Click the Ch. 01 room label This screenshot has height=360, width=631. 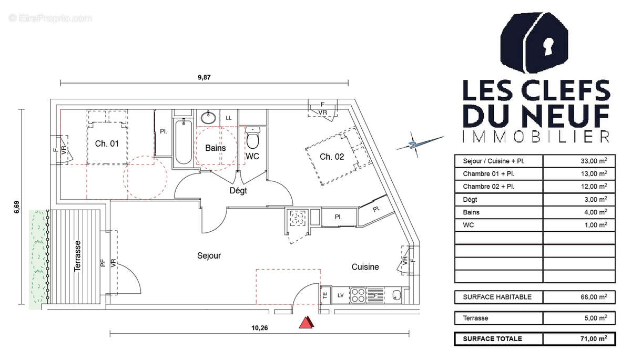(107, 143)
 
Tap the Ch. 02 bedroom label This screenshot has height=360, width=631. (332, 157)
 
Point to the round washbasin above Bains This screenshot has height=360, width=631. (208, 118)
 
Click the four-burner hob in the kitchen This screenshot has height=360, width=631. (358, 295)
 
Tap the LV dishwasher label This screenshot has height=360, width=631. (341, 295)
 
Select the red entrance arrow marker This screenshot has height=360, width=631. (306, 322)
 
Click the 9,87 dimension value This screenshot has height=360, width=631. (204, 77)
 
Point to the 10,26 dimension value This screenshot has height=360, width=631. (259, 327)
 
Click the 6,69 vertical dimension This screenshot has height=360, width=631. (17, 207)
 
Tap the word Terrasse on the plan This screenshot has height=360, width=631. (77, 256)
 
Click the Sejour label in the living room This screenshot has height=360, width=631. (209, 255)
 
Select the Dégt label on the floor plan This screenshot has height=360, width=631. (238, 191)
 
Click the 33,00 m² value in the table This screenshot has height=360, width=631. (594, 161)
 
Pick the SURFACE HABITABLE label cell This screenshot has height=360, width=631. (497, 297)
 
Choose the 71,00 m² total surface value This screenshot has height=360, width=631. (594, 338)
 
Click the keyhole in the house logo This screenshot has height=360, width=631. (548, 46)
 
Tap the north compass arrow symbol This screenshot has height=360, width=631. (420, 144)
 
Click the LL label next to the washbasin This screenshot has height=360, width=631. (228, 118)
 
